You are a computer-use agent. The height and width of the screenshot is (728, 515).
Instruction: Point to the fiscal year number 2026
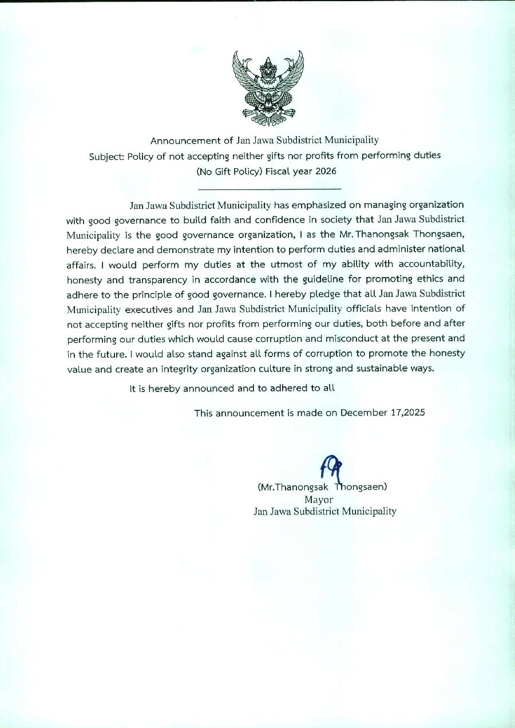pos(324,171)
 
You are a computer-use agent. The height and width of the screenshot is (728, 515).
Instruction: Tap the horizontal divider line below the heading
pos(269,188)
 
